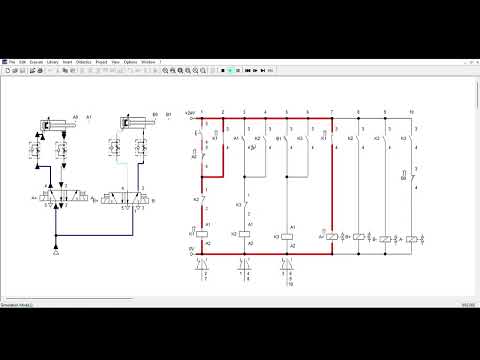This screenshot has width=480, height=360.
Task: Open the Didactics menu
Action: (x=84, y=62)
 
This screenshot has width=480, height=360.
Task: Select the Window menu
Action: (x=148, y=62)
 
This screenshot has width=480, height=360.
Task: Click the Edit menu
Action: (x=22, y=62)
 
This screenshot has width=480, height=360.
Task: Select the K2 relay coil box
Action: (x=244, y=234)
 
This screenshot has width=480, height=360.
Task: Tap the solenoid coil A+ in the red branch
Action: (x=331, y=237)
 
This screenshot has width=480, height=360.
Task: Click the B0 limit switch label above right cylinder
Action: (x=152, y=115)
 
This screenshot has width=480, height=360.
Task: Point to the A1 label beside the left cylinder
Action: (x=90, y=117)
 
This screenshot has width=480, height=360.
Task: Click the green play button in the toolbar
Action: (x=231, y=71)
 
